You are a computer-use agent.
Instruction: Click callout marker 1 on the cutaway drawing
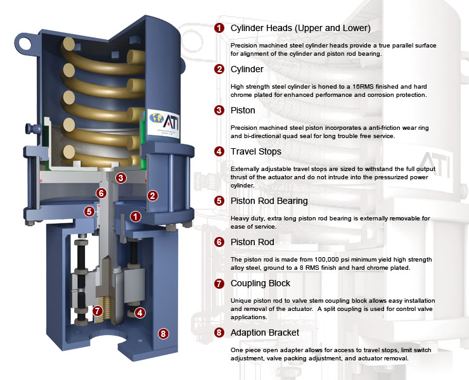click(135, 216)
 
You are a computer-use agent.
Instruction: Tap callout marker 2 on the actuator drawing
click(152, 195)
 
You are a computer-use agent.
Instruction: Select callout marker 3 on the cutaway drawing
click(120, 178)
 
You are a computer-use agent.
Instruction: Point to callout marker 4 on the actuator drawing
click(140, 312)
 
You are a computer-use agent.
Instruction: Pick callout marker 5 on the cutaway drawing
click(89, 211)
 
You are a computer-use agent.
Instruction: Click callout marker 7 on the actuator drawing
click(97, 310)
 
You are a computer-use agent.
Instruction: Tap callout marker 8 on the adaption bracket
click(163, 333)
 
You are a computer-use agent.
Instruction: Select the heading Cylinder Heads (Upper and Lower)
click(300, 28)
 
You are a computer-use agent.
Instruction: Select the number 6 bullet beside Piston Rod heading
click(219, 242)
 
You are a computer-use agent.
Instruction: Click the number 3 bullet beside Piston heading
click(219, 110)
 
